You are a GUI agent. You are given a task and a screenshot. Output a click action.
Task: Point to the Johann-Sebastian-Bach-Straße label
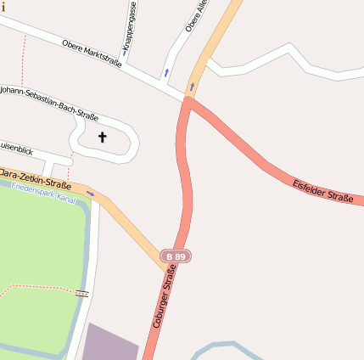[x=49, y=103]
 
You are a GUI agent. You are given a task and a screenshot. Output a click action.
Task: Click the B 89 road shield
[x=176, y=256]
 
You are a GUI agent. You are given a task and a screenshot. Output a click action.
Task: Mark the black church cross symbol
[x=103, y=137]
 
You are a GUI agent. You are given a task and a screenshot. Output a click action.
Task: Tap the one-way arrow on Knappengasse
[x=125, y=53]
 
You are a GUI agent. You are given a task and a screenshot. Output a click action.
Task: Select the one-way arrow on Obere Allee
[x=166, y=72]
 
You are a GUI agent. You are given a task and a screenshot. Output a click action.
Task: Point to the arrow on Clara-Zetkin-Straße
[x=90, y=194]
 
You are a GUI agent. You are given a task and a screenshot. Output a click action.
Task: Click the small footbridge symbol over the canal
[x=81, y=293]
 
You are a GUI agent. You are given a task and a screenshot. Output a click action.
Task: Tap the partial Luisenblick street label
[x=17, y=149]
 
